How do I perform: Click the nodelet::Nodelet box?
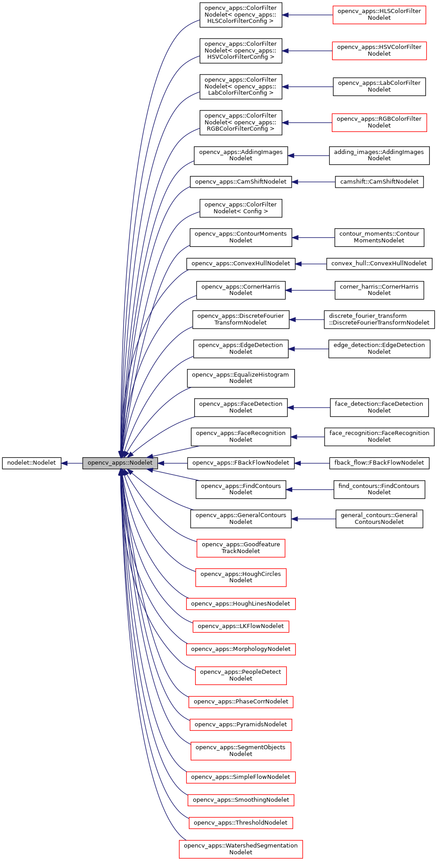tap(31, 463)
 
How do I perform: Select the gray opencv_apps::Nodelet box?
tap(120, 463)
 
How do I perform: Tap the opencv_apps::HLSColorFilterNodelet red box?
tap(379, 15)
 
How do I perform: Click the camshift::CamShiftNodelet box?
tap(379, 182)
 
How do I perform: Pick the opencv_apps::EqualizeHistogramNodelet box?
tap(241, 378)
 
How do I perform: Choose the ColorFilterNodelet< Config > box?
tap(241, 208)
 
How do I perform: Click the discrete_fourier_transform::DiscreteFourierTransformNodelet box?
tap(379, 319)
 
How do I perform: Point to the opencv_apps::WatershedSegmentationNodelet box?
tap(241, 849)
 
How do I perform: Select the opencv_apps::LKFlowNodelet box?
tap(241, 626)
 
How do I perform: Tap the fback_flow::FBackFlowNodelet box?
tap(379, 463)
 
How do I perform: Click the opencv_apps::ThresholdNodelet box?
tap(241, 823)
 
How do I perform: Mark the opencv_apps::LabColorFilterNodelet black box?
tap(379, 86)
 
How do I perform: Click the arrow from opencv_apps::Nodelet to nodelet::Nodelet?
tap(72, 463)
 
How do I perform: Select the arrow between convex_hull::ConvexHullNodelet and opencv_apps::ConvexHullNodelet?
tap(311, 264)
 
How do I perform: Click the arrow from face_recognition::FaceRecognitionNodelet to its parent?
tap(308, 437)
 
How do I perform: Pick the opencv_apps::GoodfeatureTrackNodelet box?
tap(241, 548)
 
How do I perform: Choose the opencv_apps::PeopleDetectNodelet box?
tap(241, 675)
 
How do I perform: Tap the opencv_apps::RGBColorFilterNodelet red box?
tap(379, 122)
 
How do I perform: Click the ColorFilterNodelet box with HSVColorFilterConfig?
tap(241, 51)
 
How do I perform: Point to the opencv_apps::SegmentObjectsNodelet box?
tap(241, 751)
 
